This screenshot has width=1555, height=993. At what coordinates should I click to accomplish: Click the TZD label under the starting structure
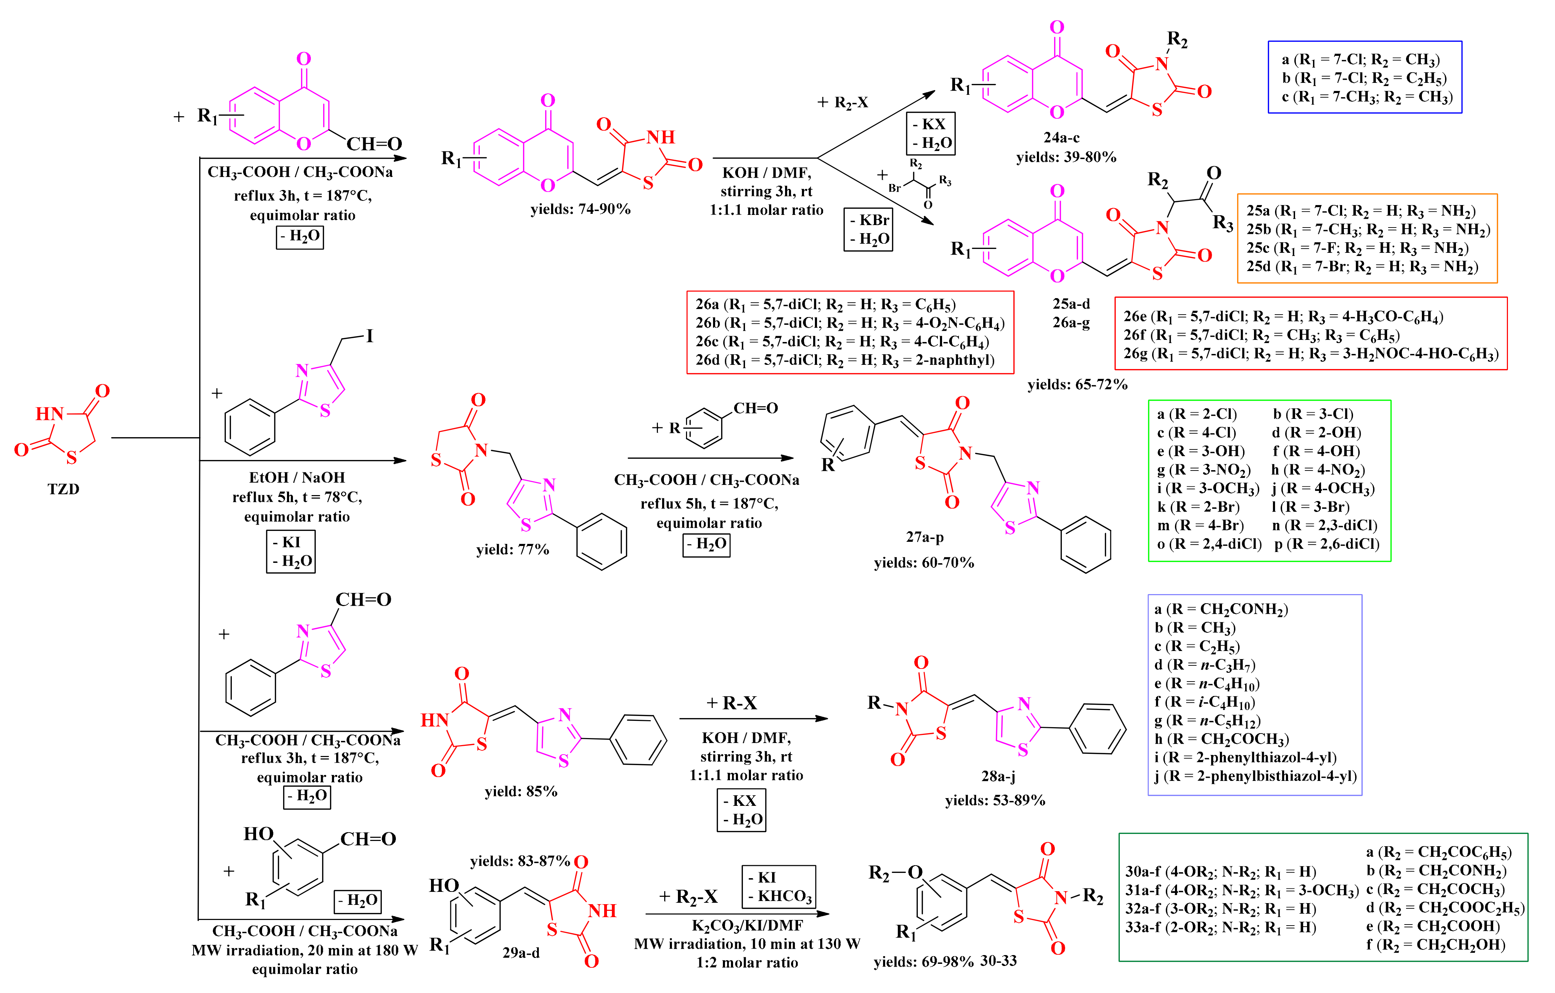[63, 489]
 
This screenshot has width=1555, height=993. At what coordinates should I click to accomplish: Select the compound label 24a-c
[1061, 138]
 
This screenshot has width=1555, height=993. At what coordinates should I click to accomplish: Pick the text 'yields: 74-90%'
[580, 209]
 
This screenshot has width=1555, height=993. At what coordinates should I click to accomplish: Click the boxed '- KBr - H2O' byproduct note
[868, 229]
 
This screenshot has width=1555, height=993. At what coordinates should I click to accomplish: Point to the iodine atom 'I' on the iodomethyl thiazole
[370, 336]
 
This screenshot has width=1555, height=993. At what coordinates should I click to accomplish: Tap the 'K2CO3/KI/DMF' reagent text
[747, 925]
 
